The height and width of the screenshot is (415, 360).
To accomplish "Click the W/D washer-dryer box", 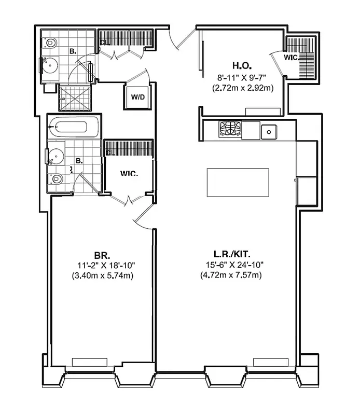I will tap(137, 96).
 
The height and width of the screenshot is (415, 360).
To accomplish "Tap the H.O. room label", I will tap(241, 66).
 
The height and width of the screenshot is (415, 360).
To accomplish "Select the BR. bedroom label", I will tap(101, 255).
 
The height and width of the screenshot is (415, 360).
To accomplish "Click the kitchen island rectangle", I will tap(238, 182).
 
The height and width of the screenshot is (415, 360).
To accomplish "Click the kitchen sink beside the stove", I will tap(268, 132).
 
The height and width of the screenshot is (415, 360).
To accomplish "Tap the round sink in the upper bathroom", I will tap(51, 66).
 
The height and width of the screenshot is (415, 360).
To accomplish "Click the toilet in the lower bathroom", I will tap(57, 179).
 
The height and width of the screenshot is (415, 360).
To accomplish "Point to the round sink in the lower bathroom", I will tap(57, 156).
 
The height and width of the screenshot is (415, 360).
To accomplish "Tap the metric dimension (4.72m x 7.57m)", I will tap(230, 275).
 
